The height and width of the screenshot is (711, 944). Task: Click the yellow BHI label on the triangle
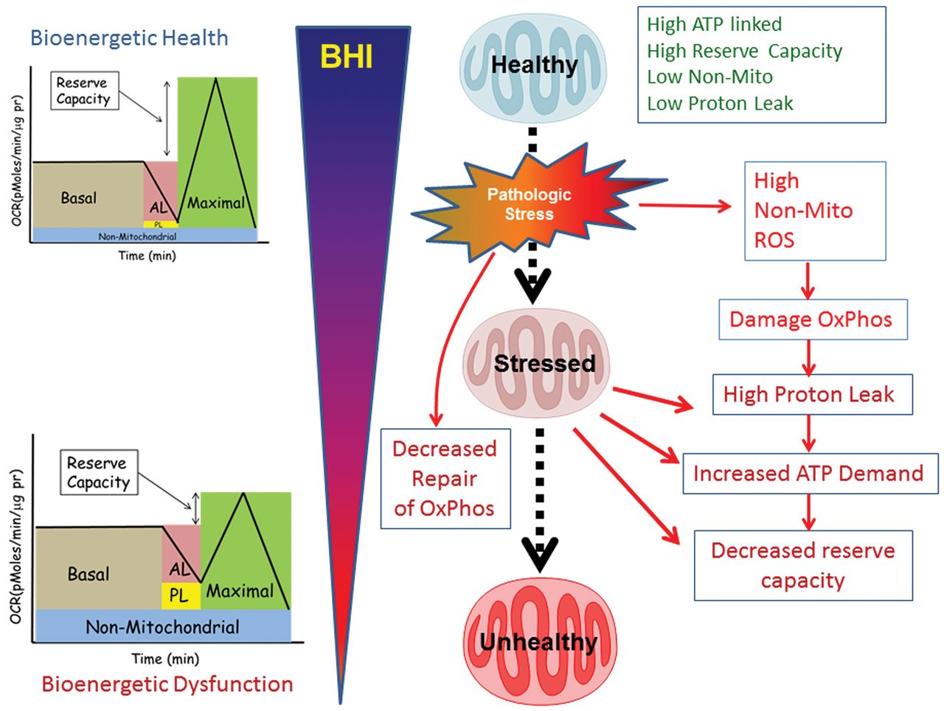[x=347, y=57]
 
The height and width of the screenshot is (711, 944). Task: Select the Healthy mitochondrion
[x=534, y=66]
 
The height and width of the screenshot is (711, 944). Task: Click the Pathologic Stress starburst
[x=529, y=204]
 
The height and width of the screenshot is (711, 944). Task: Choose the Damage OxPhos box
[x=812, y=319]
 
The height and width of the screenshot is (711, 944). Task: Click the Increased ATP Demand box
[x=809, y=473]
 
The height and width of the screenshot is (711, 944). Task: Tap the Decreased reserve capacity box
[x=803, y=565]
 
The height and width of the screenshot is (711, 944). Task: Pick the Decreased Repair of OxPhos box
[x=445, y=478]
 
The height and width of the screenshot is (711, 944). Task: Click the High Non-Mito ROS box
[x=814, y=211]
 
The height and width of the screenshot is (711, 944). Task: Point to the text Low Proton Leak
[x=720, y=104]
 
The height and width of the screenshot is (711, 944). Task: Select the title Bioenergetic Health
[x=129, y=38]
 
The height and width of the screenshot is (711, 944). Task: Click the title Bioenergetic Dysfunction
[x=167, y=684]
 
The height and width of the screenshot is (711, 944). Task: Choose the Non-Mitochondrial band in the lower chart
[x=162, y=627]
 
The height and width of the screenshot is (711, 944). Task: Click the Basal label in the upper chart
[x=79, y=197]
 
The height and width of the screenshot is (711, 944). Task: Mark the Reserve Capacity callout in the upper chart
[x=83, y=91]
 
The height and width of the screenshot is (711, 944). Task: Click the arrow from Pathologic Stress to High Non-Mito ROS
[x=684, y=206]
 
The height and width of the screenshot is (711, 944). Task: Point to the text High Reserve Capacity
[x=744, y=51]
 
